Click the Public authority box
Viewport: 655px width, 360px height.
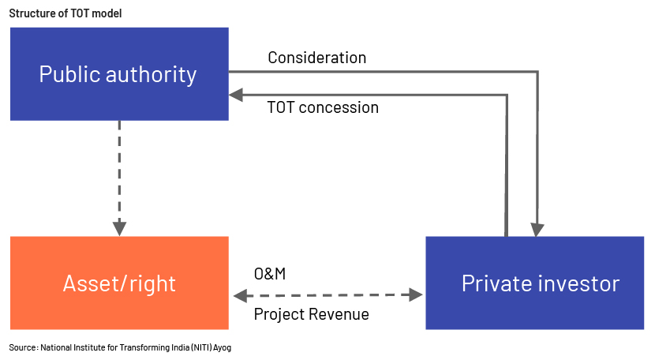coord(119,74)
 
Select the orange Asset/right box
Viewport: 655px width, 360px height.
coord(119,283)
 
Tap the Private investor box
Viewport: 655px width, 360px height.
coord(535,283)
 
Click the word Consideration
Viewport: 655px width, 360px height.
coord(317,58)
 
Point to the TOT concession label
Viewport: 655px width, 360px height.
coord(323,107)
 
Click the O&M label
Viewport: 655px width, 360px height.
coord(270,274)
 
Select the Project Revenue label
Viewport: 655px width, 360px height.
coord(311,314)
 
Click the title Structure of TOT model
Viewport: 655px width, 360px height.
coord(65,13)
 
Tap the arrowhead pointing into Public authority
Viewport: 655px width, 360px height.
coord(236,95)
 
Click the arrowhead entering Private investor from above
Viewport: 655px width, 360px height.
coord(537,230)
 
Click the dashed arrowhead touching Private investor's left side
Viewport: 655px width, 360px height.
coord(416,294)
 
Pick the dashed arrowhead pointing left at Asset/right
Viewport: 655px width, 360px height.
coord(240,296)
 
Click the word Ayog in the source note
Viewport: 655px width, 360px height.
coord(223,347)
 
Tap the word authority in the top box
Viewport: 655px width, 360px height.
coord(152,75)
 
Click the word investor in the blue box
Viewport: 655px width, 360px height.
coord(579,283)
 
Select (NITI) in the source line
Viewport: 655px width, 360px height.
coord(202,347)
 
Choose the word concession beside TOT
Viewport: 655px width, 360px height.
coord(339,108)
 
